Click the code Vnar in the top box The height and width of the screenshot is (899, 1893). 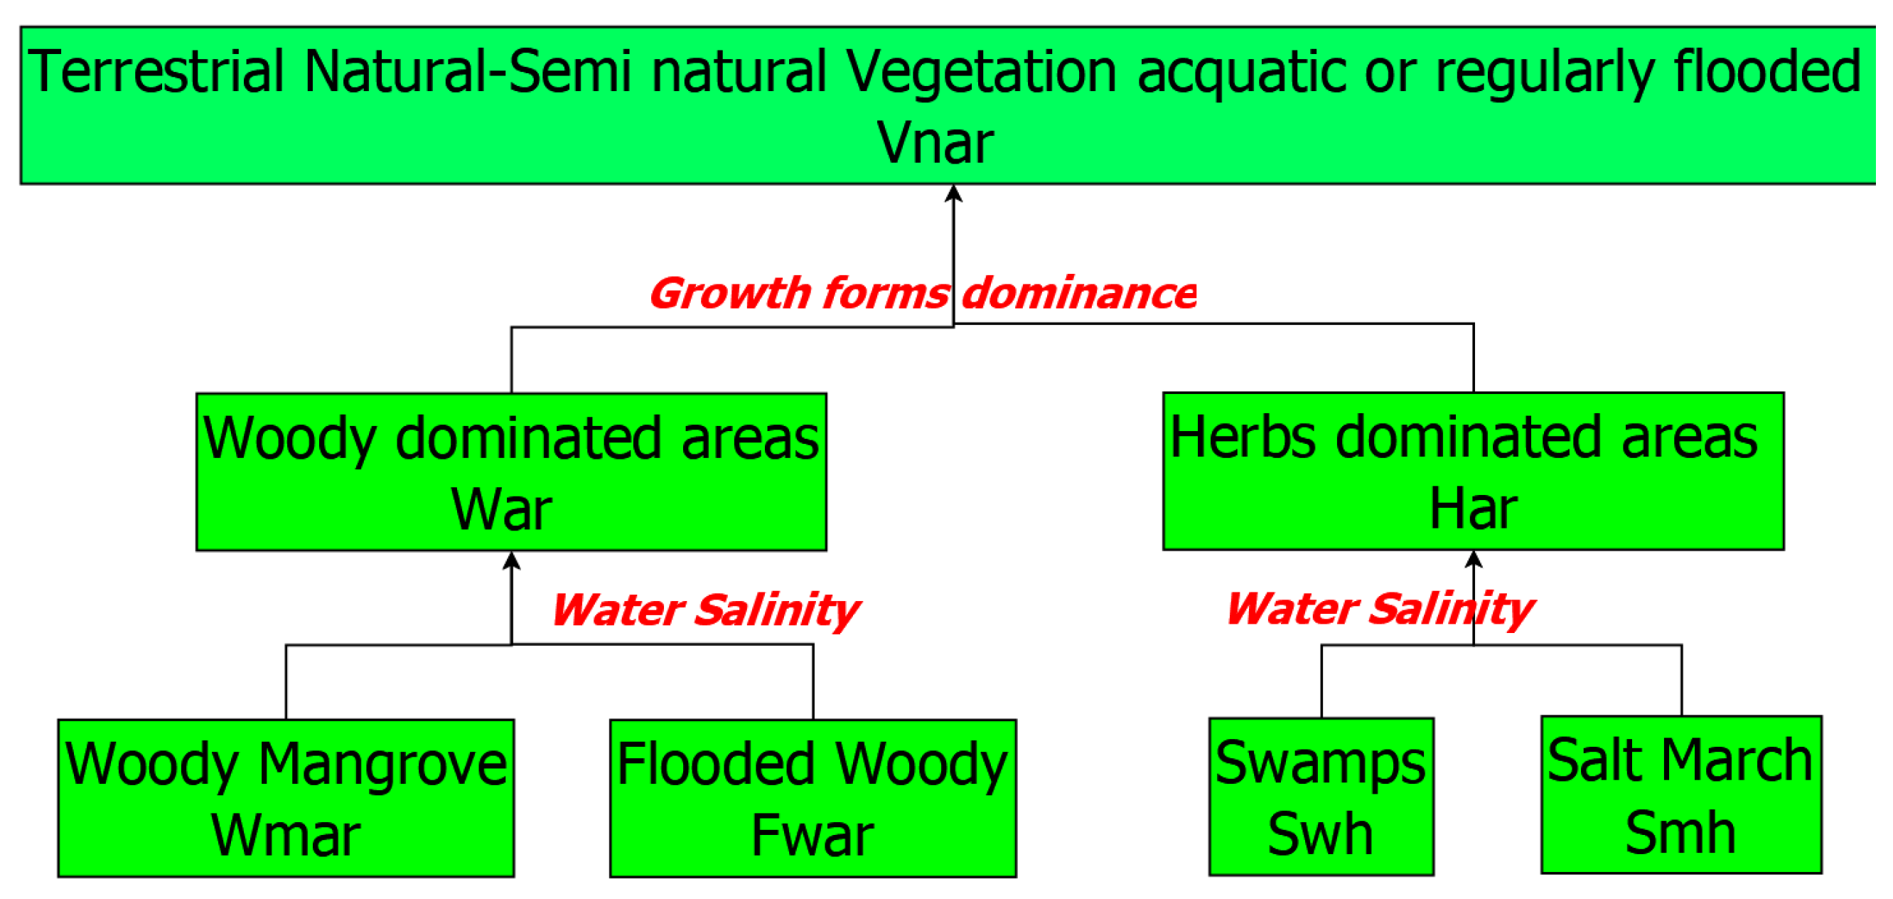(x=935, y=143)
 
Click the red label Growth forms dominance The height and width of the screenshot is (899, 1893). (x=921, y=293)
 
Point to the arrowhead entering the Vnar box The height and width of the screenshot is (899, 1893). (x=953, y=193)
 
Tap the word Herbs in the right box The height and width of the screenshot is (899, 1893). (x=1243, y=437)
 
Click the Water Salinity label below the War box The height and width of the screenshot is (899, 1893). (x=704, y=610)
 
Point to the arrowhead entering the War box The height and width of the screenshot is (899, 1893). (x=512, y=562)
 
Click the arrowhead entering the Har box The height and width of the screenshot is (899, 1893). (x=1474, y=560)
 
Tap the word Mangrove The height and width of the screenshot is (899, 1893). (x=382, y=765)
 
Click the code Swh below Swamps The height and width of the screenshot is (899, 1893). (x=1321, y=834)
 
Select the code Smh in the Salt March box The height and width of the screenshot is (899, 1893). (x=1680, y=833)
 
